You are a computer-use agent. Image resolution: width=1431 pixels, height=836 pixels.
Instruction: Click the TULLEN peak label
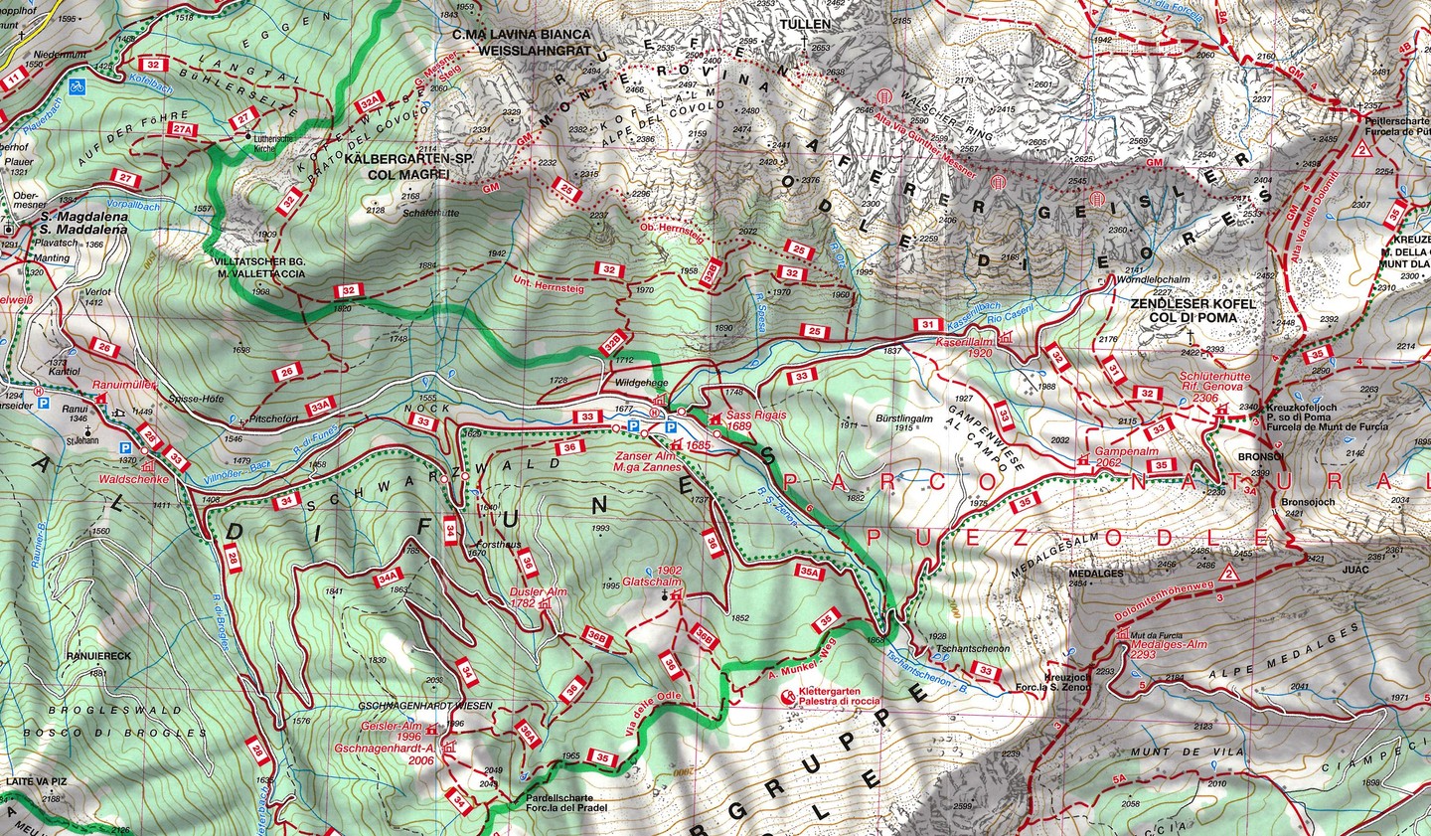tap(805, 23)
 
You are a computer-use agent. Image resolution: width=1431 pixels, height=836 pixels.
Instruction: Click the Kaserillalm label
tap(964, 340)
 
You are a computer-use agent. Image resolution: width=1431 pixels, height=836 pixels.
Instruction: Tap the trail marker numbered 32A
tap(371, 100)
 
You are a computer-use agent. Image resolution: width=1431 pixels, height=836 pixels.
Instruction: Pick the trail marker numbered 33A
tap(320, 406)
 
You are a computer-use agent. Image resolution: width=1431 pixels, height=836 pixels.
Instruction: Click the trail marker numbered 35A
tap(810, 573)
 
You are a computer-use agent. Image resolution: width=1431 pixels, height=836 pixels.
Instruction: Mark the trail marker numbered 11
tap(13, 77)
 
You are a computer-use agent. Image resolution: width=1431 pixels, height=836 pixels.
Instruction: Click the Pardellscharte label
tap(557, 797)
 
